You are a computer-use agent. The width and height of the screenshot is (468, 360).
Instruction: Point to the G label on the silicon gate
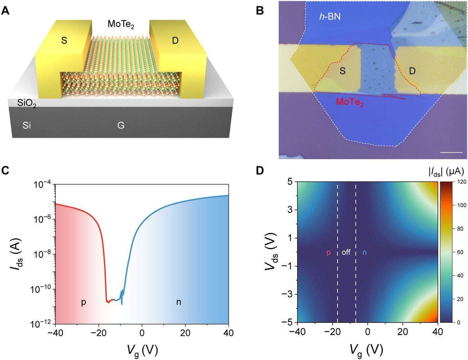(x=121, y=126)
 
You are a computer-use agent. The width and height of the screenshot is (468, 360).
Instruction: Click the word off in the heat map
(x=346, y=252)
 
